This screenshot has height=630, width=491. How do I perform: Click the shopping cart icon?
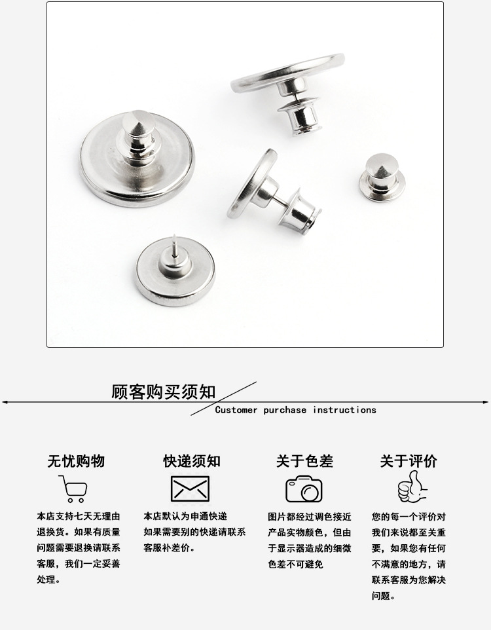pyautogui.click(x=73, y=489)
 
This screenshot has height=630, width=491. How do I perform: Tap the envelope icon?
pyautogui.click(x=190, y=489)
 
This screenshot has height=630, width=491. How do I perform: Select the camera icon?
pyautogui.click(x=304, y=489)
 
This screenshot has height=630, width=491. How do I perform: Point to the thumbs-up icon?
pyautogui.click(x=412, y=488)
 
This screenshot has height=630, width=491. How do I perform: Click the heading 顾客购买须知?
pyautogui.click(x=164, y=392)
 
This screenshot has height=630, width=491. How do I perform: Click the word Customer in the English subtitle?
pyautogui.click(x=237, y=410)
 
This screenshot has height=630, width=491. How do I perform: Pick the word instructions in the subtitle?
pyautogui.click(x=344, y=410)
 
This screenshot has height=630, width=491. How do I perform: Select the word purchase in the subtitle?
pyautogui.click(x=285, y=410)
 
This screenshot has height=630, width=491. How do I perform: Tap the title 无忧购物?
pyautogui.click(x=76, y=461)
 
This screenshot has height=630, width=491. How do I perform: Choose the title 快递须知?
pyautogui.click(x=192, y=461)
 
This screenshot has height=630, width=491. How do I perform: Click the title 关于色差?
pyautogui.click(x=304, y=461)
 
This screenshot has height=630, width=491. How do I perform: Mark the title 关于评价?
pyautogui.click(x=409, y=461)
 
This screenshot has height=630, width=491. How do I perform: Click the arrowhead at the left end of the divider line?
pyautogui.click(x=4, y=401)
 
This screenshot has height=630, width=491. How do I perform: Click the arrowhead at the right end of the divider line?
pyautogui.click(x=486, y=401)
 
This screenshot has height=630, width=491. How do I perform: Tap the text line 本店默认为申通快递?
pyautogui.click(x=185, y=516)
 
